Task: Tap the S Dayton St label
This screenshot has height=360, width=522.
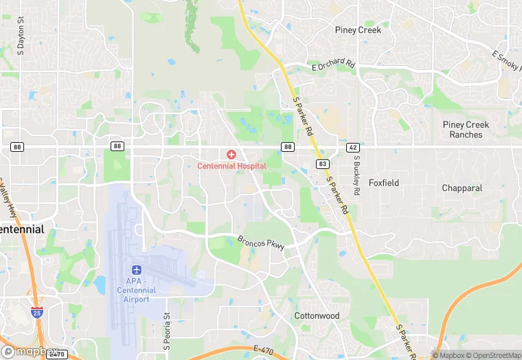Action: [21, 41]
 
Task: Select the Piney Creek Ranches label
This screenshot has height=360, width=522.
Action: [466, 129]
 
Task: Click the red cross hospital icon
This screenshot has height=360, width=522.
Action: [231, 154]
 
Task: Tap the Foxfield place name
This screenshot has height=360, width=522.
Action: [384, 183]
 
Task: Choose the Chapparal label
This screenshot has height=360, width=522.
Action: [462, 188]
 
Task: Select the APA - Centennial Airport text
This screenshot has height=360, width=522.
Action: [141, 285]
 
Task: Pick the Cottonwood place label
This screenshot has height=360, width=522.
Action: [317, 315]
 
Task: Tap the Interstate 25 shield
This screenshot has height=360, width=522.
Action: [36, 313]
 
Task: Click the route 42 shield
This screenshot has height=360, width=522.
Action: [352, 147]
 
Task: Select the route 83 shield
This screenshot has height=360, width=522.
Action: [321, 164]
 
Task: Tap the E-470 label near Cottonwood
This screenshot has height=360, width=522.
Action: [264, 350]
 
